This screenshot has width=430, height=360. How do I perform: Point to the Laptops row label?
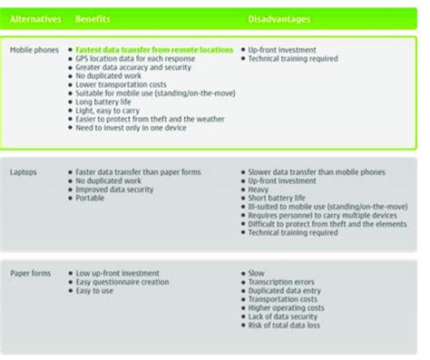click(x=24, y=170)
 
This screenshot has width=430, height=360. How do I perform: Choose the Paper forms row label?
click(x=30, y=272)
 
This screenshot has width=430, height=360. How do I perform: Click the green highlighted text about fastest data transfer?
click(x=155, y=50)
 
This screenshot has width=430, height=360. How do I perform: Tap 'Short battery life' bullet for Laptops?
click(x=282, y=197)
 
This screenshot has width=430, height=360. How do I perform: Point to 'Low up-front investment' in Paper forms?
click(x=119, y=272)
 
